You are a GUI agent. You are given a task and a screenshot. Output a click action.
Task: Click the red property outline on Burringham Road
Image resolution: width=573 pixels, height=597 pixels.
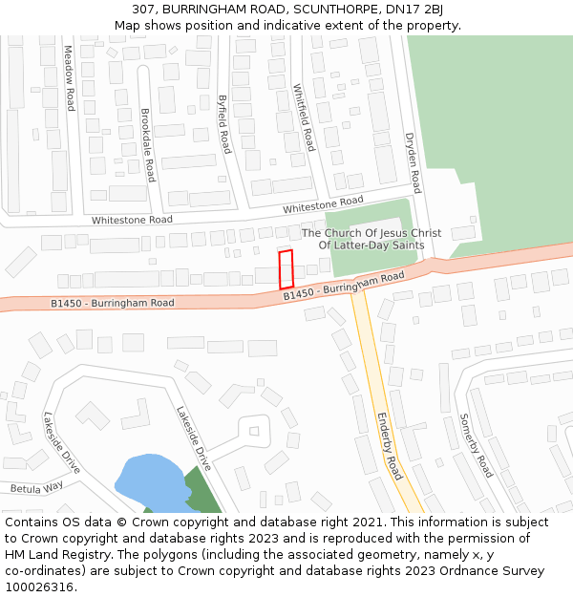pos(286,268)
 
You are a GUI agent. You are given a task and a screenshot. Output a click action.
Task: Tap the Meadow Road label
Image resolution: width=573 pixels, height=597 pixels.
pos(69,78)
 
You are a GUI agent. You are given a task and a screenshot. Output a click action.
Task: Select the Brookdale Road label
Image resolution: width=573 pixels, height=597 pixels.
pos(146,145)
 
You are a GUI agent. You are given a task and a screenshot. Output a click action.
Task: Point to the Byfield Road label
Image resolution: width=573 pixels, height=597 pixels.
pos(223,124)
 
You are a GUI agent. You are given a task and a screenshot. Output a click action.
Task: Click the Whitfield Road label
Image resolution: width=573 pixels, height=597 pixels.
pos(303,117)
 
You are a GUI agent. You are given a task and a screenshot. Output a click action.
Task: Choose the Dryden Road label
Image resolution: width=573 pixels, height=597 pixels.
pos(413,162)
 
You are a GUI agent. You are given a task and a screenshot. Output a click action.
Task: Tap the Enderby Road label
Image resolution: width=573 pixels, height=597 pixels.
pos(389,446)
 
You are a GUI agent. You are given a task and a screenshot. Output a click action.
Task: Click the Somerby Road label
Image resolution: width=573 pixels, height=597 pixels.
pos(475,445)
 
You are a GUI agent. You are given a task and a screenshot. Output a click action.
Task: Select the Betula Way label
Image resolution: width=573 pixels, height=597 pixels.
pos(36,487)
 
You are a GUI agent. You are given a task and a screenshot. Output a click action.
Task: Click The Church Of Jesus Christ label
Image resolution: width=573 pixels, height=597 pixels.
pos(371,233)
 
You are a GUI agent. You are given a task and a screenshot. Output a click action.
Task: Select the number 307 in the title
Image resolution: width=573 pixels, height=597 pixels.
pos(144,10)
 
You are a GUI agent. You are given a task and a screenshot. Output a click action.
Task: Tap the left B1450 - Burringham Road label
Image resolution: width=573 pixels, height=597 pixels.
pos(113,303)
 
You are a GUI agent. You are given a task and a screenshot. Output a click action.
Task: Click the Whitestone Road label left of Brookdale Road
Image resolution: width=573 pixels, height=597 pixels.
pos(132,220)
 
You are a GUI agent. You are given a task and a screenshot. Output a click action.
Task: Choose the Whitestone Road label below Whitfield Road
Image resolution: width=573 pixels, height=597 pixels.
pos(323,204)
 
